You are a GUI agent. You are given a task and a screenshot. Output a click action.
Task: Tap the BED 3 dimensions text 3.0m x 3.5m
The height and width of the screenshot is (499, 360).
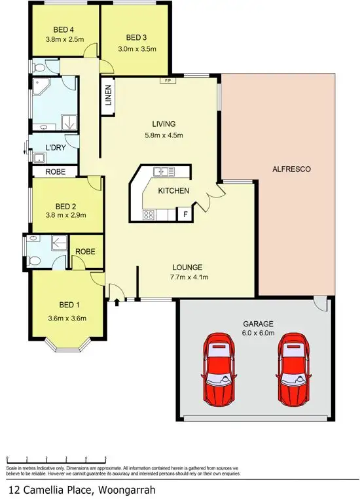click(134, 48)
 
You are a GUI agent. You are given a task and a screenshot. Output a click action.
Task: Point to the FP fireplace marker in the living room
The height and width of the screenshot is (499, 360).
click(168, 81)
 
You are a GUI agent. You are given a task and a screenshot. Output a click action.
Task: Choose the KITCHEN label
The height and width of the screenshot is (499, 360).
click(173, 191)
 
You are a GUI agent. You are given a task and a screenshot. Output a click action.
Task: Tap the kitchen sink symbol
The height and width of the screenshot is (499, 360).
click(164, 172)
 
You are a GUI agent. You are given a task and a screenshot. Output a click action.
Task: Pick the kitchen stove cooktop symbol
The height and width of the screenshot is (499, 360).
click(149, 213)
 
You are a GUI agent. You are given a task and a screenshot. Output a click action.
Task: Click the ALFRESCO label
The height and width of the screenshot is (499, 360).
click(291, 169)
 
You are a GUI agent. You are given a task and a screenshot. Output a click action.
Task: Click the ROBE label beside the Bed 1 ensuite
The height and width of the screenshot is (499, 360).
click(85, 251)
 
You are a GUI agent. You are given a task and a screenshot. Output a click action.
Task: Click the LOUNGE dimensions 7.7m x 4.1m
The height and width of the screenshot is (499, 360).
click(189, 277)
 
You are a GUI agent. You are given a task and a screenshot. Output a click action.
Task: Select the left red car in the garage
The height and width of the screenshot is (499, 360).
click(219, 368)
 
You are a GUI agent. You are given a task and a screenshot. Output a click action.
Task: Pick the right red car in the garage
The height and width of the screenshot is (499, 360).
click(294, 368)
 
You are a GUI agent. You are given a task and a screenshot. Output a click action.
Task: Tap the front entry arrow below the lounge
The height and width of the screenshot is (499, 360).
click(117, 302)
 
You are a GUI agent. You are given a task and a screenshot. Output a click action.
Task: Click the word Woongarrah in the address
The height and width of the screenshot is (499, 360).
click(124, 489)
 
